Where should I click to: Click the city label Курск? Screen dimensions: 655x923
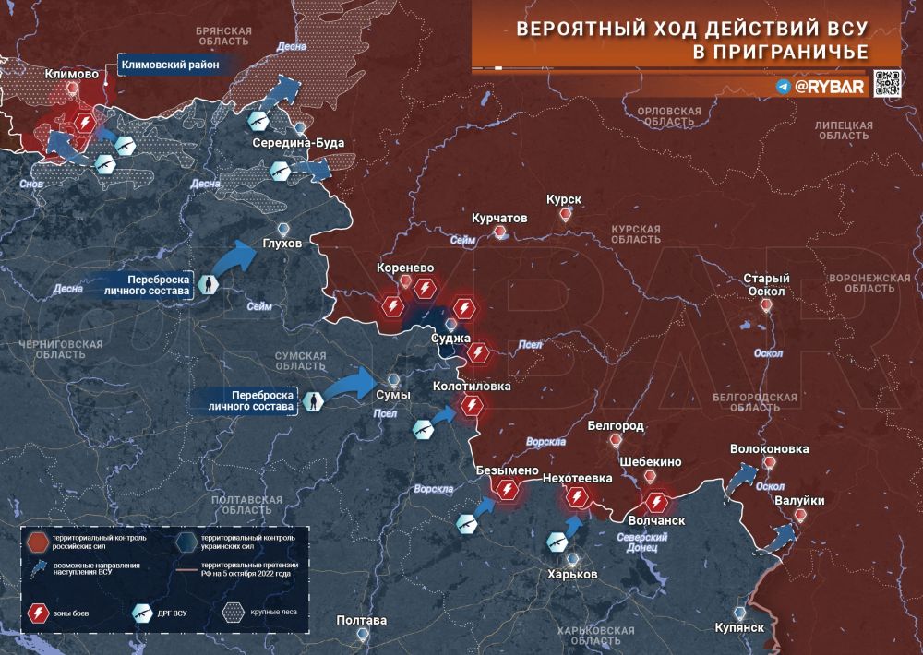[564, 199]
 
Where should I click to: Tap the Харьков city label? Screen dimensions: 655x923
[572, 574]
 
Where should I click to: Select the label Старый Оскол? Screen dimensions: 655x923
[767, 285]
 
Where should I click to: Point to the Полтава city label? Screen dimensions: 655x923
[362, 620]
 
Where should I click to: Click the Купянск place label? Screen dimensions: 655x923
[739, 627]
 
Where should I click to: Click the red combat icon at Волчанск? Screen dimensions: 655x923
[656, 502]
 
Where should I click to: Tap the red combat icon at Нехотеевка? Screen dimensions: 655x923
[578, 498]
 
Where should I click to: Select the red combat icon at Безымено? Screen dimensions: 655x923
[506, 490]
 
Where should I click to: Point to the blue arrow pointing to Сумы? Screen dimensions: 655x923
[350, 384]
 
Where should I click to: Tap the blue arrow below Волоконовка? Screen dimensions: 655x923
[740, 479]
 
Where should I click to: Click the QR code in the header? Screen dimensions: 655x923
[887, 83]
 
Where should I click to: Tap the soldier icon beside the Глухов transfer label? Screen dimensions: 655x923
[210, 285]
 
